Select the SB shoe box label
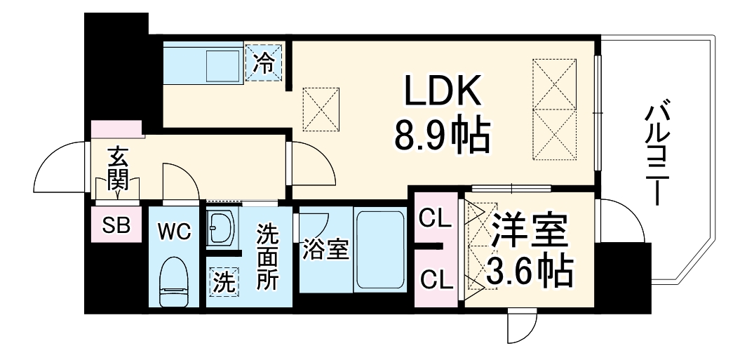click(x=116, y=225)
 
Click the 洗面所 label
click(x=267, y=255)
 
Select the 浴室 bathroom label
click(x=325, y=251)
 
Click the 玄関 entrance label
click(x=117, y=169)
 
